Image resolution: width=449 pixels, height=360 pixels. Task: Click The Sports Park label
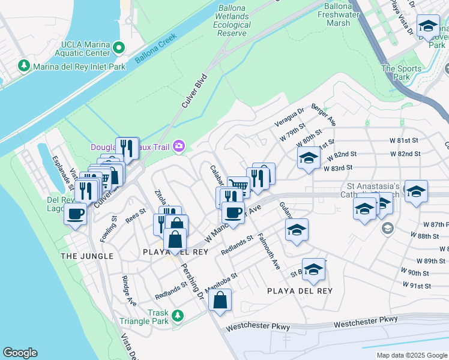click(x=402, y=73)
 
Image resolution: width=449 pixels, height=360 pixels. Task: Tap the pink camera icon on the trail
click(x=178, y=146)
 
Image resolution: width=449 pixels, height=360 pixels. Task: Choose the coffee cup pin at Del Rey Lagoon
click(x=76, y=214)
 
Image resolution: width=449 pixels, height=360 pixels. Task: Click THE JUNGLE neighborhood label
click(x=87, y=256)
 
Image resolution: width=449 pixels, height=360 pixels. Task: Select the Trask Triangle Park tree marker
click(x=177, y=316)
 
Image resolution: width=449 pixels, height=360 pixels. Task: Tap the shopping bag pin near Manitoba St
click(x=220, y=300)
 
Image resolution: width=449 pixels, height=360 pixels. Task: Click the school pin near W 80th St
click(x=308, y=159)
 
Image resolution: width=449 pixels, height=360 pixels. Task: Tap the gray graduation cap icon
click(x=388, y=228)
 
